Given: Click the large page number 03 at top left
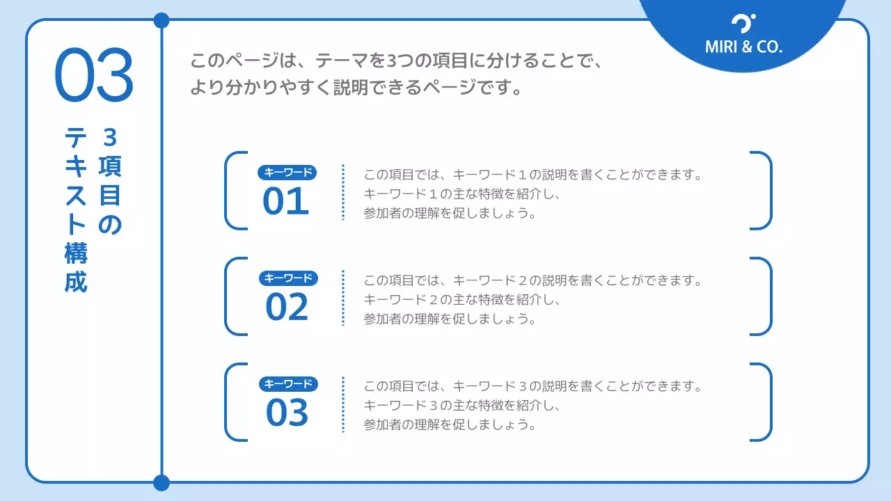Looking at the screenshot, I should tap(93, 75).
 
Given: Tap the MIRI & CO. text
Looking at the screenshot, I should tap(743, 47).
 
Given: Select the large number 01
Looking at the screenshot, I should tap(285, 202).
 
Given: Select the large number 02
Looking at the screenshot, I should tap(286, 308).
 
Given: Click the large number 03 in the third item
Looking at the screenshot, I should tap(286, 413).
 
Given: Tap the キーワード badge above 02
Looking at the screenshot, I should tap(288, 278).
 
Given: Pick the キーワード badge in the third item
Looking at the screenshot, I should tap(288, 384).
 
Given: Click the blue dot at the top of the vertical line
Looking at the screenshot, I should tap(161, 20).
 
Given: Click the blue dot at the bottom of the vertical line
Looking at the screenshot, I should tap(161, 482).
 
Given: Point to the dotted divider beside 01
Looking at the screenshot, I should tap(343, 192).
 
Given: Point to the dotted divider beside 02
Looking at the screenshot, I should tap(343, 298).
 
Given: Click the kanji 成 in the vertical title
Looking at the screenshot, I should tap(76, 283).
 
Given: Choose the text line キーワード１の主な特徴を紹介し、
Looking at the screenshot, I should tap(462, 194).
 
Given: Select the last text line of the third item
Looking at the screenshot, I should tap(450, 424).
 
